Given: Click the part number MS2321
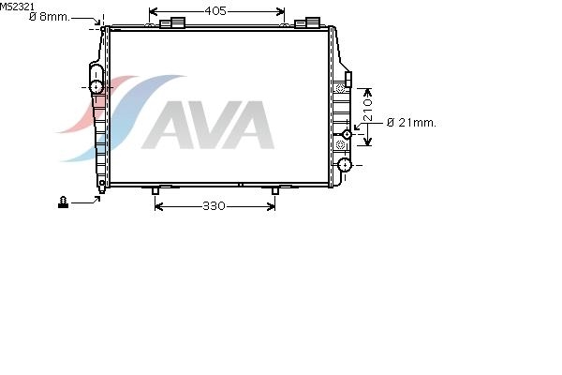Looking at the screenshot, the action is pyautogui.click(x=17, y=7).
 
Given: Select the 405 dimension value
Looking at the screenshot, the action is pyautogui.click(x=215, y=11).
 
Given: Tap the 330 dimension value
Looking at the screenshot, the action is pyautogui.click(x=214, y=206).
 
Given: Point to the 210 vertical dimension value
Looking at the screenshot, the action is pyautogui.click(x=368, y=110).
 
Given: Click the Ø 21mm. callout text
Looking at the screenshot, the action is pyautogui.click(x=412, y=123).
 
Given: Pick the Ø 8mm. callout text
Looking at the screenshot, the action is pyautogui.click(x=50, y=17).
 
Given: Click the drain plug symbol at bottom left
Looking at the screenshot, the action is pyautogui.click(x=63, y=202).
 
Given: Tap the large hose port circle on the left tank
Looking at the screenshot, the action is pyautogui.click(x=96, y=87).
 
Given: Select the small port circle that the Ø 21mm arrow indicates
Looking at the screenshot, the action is pyautogui.click(x=347, y=134).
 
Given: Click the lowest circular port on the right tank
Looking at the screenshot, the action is pyautogui.click(x=345, y=165).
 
